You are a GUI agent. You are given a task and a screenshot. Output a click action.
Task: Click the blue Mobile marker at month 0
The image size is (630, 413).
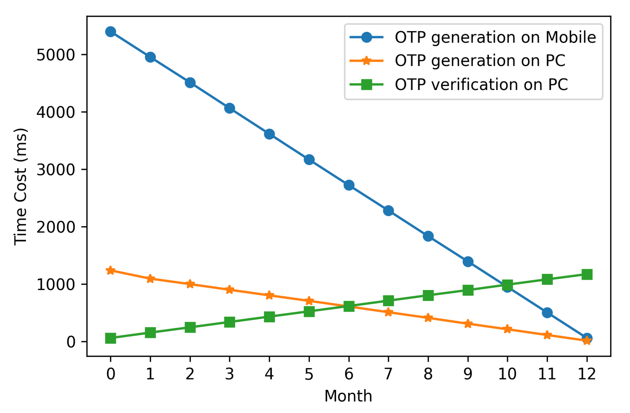pos(110,32)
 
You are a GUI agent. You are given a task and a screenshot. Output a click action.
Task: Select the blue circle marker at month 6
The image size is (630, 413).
pos(349,185)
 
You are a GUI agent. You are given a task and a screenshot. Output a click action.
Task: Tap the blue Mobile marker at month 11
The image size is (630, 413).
pos(547,313)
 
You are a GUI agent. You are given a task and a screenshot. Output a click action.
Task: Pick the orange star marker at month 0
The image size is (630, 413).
pos(110,270)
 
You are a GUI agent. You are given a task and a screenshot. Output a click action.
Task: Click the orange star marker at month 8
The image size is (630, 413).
pos(428,318)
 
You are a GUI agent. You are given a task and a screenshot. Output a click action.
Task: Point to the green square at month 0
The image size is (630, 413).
pos(110,338)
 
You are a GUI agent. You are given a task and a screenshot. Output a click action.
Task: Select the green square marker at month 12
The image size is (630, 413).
pos(587,275)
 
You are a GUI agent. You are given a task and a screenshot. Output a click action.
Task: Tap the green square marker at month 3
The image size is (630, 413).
pos(229,322)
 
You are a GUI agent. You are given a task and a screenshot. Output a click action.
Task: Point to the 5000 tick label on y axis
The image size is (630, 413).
pos(56,55)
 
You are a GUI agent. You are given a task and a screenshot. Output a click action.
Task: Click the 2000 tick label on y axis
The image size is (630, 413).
pos(56,227)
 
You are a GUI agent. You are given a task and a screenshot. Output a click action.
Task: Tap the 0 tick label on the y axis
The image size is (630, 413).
pos(71,342)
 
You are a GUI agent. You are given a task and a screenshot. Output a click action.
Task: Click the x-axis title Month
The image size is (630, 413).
pos(348,396)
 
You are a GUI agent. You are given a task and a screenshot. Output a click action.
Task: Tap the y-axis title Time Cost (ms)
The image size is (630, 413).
pos(20,187)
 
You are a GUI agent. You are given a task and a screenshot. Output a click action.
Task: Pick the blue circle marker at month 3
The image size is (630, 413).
pos(229,108)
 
